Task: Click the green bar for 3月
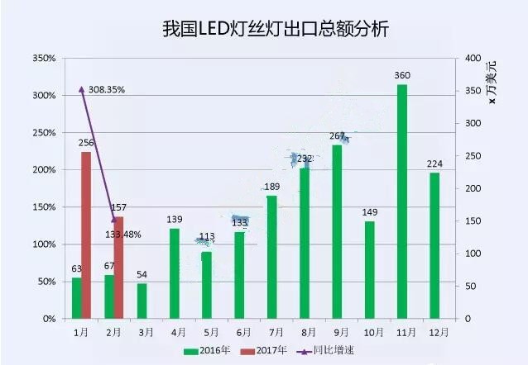[142, 301]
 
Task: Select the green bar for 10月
[369, 269]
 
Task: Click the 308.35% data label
[106, 89]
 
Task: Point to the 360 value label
[402, 76]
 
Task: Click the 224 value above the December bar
[434, 164]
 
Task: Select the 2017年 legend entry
[266, 350]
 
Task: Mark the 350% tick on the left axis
[44, 59]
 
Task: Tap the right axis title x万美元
[494, 83]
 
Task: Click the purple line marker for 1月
[81, 89]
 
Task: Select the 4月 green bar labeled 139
[174, 273]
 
